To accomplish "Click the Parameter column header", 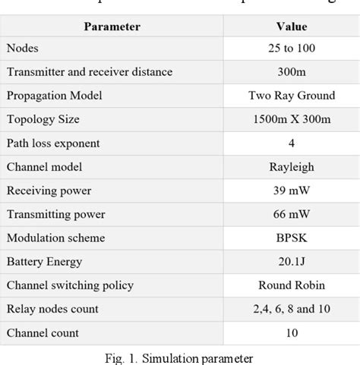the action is [x=112, y=27].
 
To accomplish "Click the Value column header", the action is [x=292, y=27].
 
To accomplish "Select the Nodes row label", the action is [x=24, y=49].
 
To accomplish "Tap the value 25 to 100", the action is [x=292, y=49].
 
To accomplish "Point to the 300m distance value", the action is [x=292, y=72].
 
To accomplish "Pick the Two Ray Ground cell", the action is [x=292, y=96].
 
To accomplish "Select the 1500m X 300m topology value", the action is [x=292, y=119].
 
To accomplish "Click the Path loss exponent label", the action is [x=53, y=143].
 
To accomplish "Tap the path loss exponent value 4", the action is [x=292, y=143].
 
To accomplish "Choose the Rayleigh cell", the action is [x=292, y=166].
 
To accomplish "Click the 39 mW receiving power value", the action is [x=292, y=190].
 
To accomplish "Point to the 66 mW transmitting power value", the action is [x=292, y=214].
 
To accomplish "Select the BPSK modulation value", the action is [x=292, y=238].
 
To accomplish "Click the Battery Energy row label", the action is [x=45, y=261].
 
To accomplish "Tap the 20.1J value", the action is [x=292, y=261].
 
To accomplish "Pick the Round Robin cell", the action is [x=292, y=285].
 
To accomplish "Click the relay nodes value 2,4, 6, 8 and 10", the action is [x=292, y=309].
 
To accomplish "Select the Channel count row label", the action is [x=43, y=332].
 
